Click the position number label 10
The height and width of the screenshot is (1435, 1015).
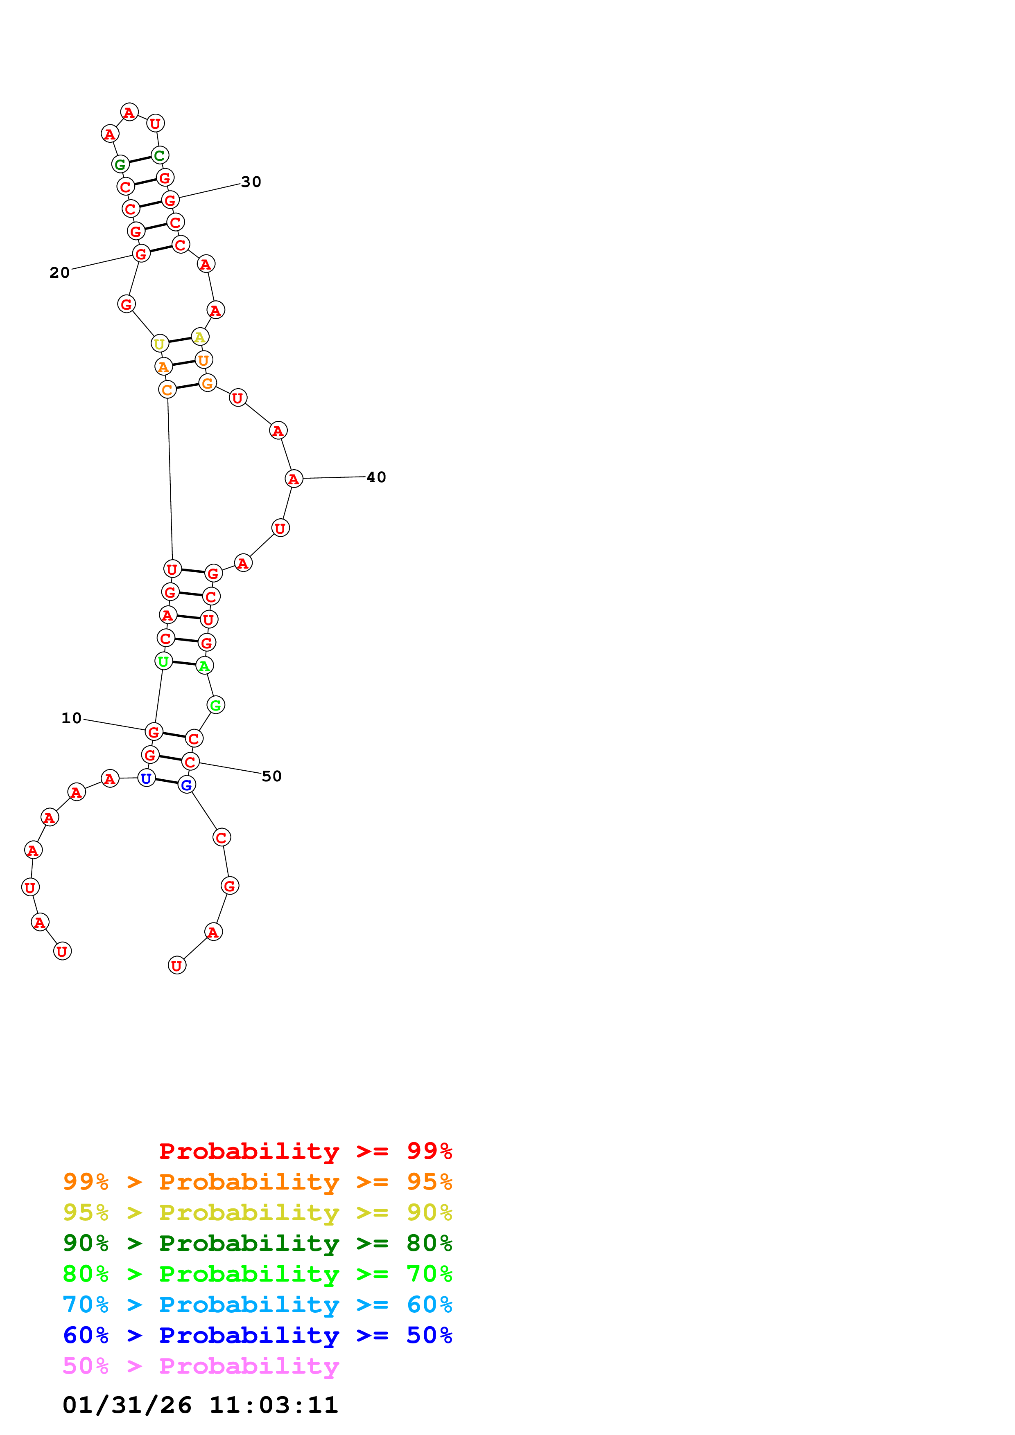[71, 718]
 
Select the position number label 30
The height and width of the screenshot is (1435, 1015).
[251, 182]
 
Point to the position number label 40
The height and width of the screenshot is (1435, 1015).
[376, 477]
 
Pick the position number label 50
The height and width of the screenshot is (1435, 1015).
[271, 776]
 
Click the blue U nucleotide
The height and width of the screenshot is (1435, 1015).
[146, 779]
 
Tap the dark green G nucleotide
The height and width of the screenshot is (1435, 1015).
[120, 164]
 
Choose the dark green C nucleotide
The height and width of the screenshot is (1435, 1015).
[159, 155]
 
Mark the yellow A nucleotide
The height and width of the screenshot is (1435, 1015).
[199, 337]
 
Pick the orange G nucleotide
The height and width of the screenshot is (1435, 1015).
[208, 383]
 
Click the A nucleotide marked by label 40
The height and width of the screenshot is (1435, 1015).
[293, 479]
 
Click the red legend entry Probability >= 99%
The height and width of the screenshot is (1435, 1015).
[305, 1151]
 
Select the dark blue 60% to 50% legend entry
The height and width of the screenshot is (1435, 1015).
[257, 1335]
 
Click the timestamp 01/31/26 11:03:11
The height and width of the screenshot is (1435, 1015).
[200, 1406]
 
